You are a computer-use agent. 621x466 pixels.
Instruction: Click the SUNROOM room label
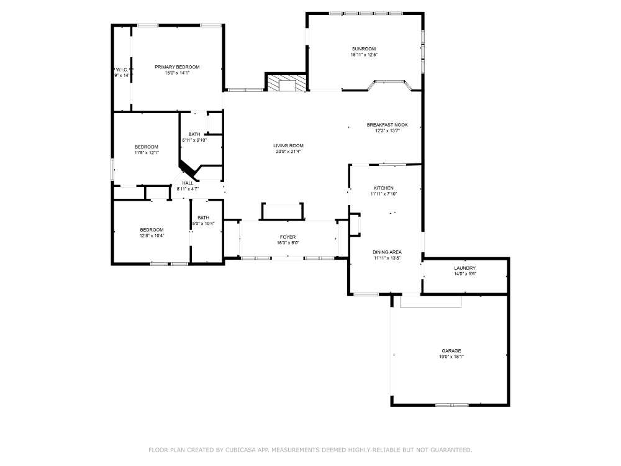coord(363,48)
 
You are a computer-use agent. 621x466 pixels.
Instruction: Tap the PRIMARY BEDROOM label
coord(177,66)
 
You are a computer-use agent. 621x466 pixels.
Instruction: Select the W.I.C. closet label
coord(122,70)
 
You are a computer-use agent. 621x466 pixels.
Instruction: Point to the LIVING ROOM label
coord(288,145)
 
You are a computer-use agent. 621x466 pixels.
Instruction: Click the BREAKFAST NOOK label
coord(387,125)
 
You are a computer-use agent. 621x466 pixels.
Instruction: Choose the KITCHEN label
coord(383,188)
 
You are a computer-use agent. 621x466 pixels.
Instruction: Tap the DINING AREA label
coord(387,252)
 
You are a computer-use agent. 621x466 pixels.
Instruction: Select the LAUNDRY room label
coord(465,268)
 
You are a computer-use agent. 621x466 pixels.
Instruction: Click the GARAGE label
coord(451,350)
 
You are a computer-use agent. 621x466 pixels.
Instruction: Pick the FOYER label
coord(288,237)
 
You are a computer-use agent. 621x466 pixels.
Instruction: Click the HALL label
coord(187,183)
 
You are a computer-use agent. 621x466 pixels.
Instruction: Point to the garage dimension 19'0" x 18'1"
coord(451,357)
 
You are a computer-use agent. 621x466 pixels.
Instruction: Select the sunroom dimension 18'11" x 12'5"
coord(363,55)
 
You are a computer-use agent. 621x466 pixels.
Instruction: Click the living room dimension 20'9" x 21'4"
coord(288,152)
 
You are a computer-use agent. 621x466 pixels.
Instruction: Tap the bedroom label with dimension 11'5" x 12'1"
coord(147,147)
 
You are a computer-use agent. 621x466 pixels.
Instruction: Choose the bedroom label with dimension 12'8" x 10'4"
coord(152,229)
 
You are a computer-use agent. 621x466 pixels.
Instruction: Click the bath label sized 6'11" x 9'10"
coord(194,134)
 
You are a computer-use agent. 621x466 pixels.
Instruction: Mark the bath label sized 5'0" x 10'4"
coord(203,217)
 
